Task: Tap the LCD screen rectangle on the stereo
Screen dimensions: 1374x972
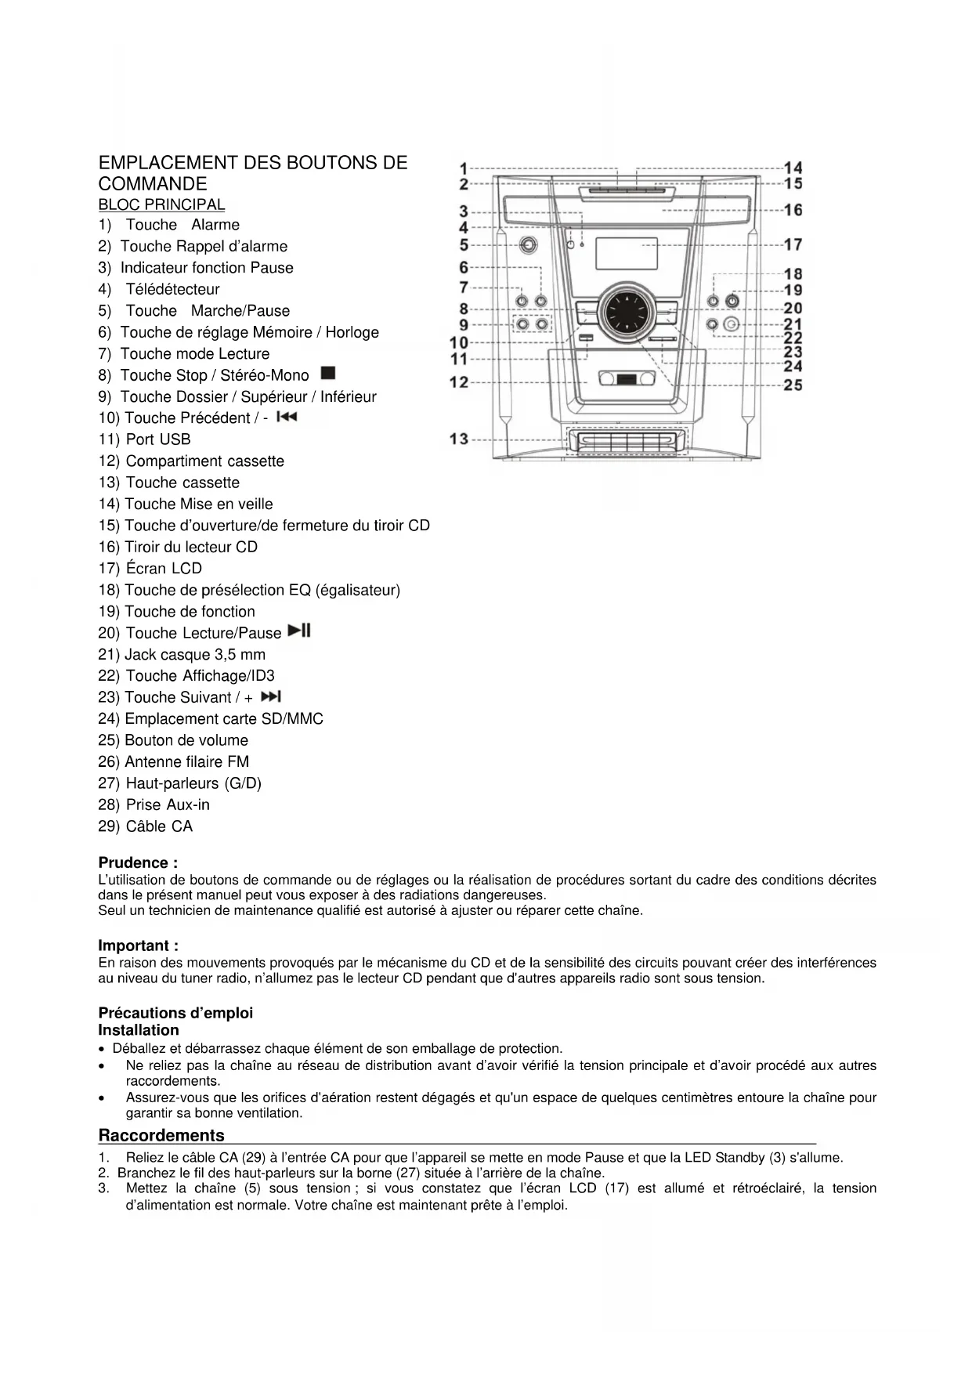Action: [x=627, y=254]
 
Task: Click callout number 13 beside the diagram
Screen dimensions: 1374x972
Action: [x=459, y=439]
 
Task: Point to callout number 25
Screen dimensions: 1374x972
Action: [x=793, y=385]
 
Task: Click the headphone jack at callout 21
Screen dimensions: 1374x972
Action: [x=732, y=324]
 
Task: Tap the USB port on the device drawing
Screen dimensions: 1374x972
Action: [x=586, y=338]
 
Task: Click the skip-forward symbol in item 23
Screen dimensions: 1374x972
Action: [x=271, y=696]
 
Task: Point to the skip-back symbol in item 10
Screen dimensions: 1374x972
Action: [x=287, y=417]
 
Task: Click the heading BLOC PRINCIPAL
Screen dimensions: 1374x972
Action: [x=161, y=205]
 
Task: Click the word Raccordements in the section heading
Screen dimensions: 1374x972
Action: [x=161, y=1135]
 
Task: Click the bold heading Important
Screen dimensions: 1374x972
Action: [x=138, y=946]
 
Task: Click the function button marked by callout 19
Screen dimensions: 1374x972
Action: [x=732, y=301]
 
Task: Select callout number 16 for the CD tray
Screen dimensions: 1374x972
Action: [x=793, y=210]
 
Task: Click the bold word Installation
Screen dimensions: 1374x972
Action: [x=139, y=1030]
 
